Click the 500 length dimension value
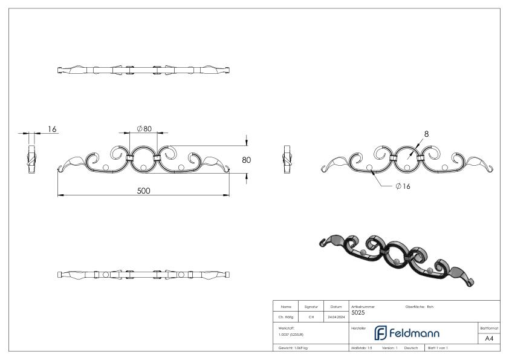tap(143, 191)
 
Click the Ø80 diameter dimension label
tap(144, 128)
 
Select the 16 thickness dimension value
tap(51, 129)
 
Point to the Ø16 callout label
tap(403, 186)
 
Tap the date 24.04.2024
tap(336, 316)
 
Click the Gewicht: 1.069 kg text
tap(293, 349)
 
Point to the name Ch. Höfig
tap(286, 316)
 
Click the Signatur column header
tap(311, 307)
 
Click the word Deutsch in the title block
tap(412, 349)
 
